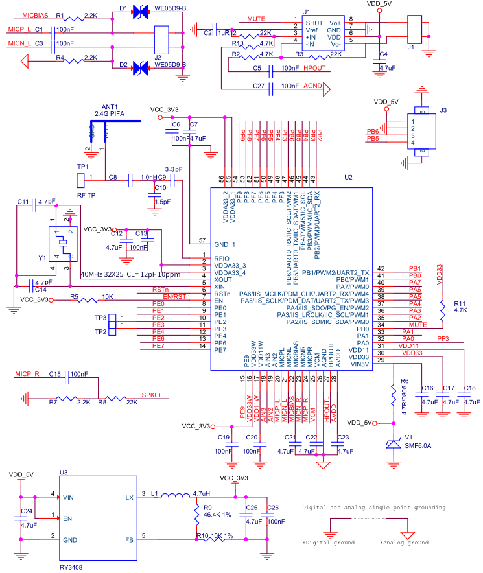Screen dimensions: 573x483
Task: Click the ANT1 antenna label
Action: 109,106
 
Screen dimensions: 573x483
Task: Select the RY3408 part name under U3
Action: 71,567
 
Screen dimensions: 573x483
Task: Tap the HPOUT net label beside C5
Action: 314,68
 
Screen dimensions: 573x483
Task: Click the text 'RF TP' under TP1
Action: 86,194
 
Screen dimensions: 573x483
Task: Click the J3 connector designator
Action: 443,111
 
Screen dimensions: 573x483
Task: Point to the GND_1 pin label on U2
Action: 224,244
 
